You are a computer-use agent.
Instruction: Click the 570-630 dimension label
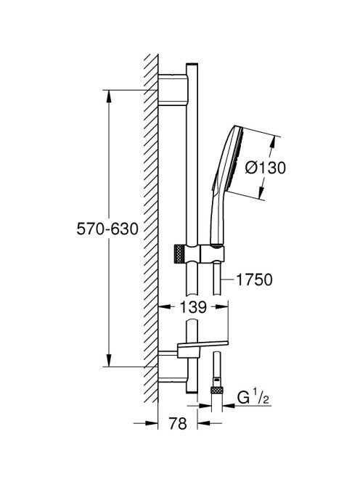(x=107, y=229)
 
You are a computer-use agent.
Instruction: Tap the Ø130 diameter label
(x=266, y=168)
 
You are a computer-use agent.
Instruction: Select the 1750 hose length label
(x=254, y=279)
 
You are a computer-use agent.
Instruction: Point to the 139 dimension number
(x=193, y=307)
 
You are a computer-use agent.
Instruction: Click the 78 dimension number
(x=178, y=423)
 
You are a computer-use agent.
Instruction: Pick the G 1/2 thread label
(x=253, y=398)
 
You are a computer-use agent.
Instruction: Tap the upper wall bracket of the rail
(x=172, y=90)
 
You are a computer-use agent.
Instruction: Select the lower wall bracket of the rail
(x=172, y=367)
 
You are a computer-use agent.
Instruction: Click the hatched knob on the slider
(x=179, y=254)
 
